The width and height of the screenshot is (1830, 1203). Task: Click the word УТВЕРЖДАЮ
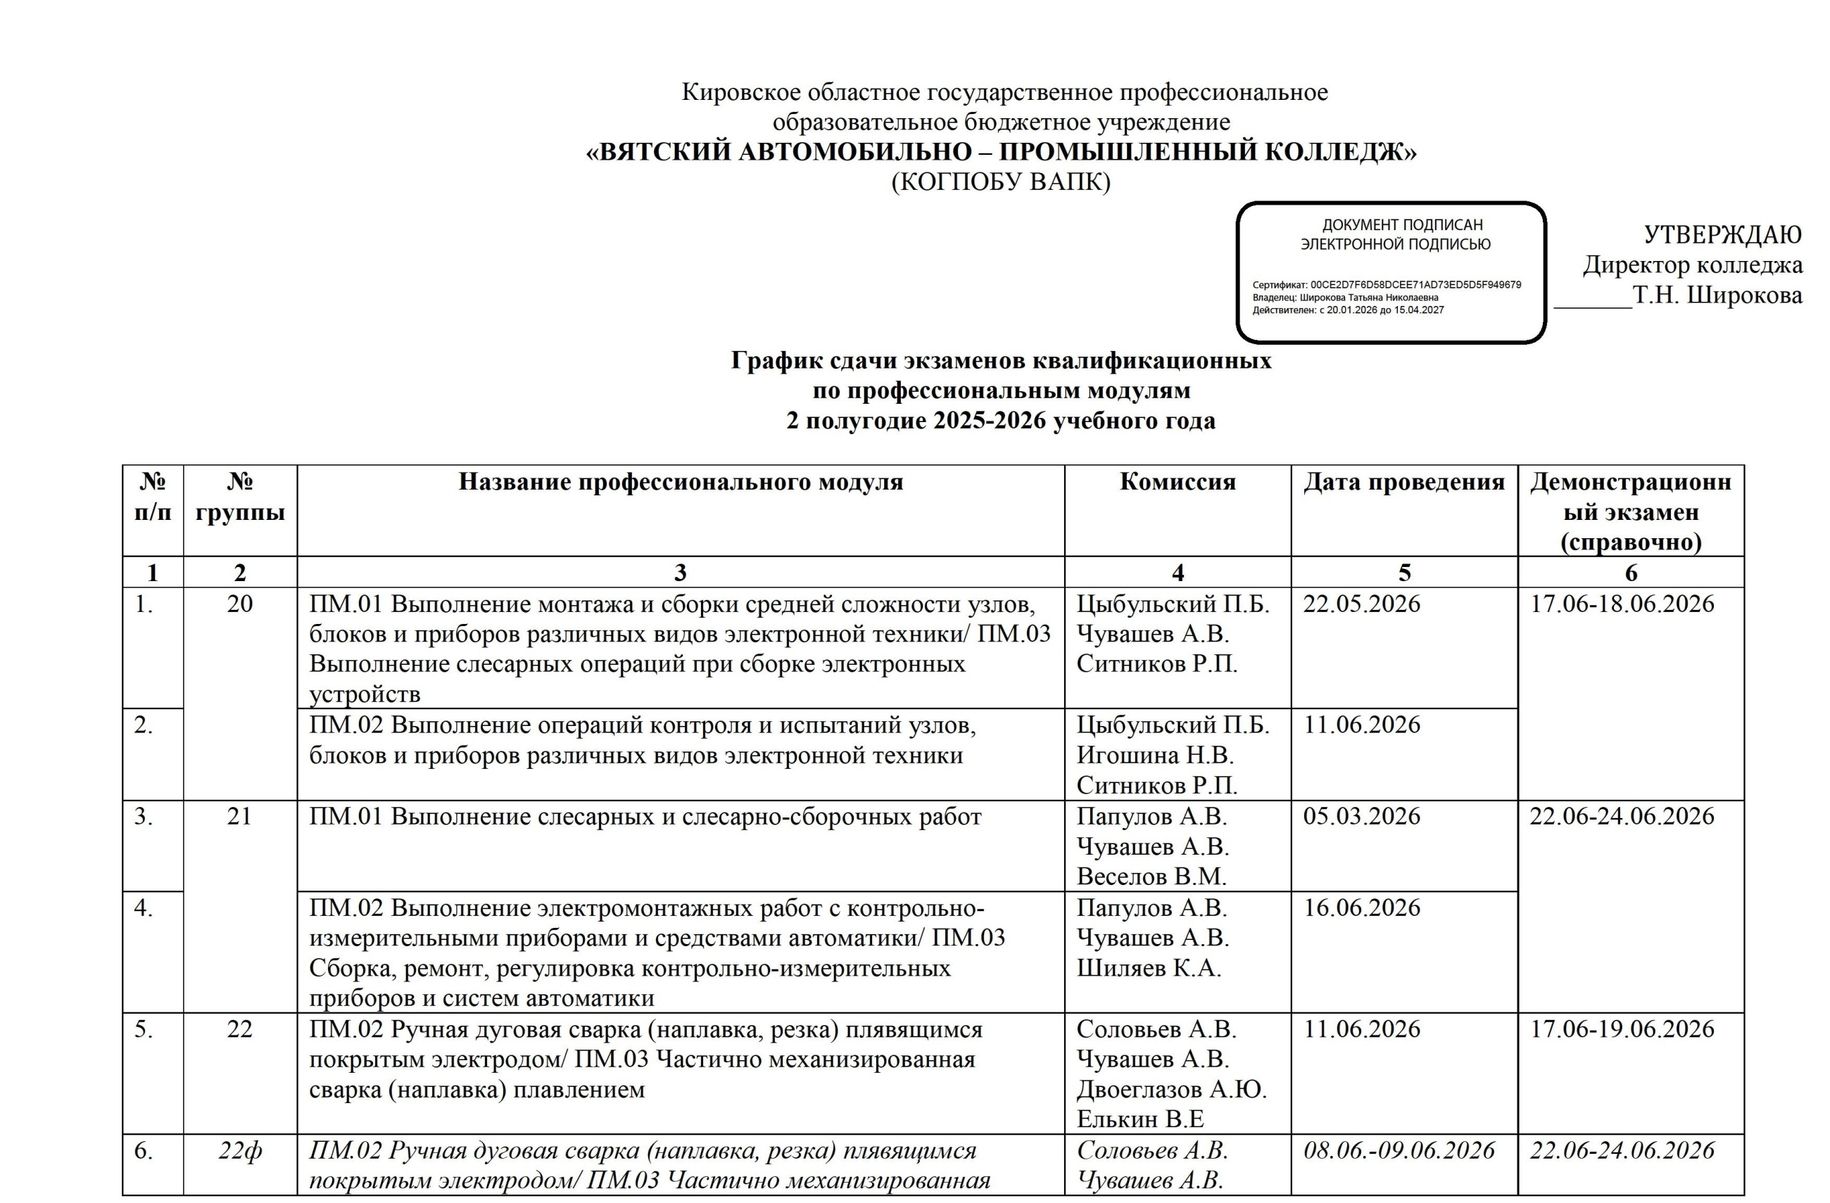pos(1722,235)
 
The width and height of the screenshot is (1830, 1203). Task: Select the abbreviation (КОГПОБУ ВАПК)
pos(1001,182)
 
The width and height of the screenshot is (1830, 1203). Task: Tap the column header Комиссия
pos(1178,482)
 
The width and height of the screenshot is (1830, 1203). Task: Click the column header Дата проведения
pos(1404,482)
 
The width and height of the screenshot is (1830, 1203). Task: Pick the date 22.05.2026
pos(1362,604)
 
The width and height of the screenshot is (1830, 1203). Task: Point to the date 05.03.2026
pos(1362,816)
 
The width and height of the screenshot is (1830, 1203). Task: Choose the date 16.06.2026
pos(1362,908)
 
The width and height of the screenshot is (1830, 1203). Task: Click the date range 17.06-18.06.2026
pos(1622,604)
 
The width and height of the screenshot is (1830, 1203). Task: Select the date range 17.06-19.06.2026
pos(1622,1029)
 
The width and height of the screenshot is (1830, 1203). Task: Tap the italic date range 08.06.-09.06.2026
pos(1399,1151)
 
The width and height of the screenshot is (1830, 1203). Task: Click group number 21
pos(240,816)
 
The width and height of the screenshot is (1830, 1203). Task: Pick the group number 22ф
pos(240,1152)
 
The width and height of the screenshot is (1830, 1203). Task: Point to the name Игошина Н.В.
pos(1155,756)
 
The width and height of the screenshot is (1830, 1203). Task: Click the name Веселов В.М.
pos(1151,877)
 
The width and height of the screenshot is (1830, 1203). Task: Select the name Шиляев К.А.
pos(1149,968)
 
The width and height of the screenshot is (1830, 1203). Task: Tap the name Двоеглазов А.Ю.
pos(1171,1090)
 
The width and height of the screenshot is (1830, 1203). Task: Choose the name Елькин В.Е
pos(1140,1119)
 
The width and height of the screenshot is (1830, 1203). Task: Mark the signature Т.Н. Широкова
pos(1718,295)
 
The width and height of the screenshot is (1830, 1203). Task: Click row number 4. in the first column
pos(143,908)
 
